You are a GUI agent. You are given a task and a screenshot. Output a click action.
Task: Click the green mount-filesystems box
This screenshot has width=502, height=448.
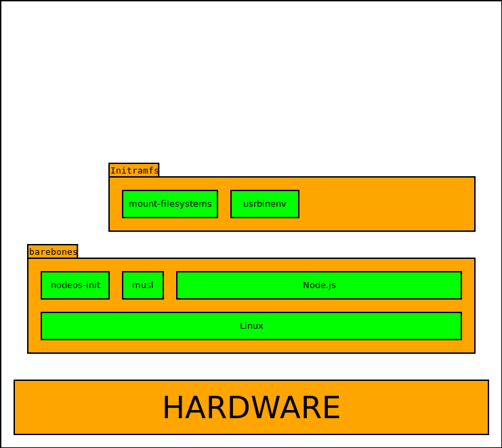[x=169, y=204]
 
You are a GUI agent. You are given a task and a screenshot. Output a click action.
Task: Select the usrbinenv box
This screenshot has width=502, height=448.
[x=264, y=204]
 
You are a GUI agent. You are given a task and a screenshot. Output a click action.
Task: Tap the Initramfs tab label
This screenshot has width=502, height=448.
[x=134, y=170]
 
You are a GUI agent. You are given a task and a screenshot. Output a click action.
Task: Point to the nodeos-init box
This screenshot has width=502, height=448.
[x=75, y=285]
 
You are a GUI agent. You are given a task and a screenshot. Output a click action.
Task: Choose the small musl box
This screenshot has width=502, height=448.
[x=142, y=285]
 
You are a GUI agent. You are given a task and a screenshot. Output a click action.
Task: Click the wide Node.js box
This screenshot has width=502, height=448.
[x=318, y=285]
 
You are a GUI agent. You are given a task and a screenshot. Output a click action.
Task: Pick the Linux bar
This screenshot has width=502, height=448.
[x=251, y=326]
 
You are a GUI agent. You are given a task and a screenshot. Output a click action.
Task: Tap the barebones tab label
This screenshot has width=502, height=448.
[x=53, y=251]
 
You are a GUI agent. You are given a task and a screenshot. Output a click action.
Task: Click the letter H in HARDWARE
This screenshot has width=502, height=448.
[x=173, y=408]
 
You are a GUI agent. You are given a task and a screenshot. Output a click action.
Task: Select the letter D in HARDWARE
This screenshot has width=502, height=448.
[x=239, y=408]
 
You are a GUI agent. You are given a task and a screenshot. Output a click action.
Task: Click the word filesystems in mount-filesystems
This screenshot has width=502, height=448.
[x=186, y=204]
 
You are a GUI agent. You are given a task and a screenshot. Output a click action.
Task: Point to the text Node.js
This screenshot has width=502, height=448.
[x=319, y=285]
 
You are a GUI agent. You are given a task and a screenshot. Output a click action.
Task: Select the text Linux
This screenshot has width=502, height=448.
[x=251, y=326]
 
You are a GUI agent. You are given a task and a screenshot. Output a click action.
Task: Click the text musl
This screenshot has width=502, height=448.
[x=143, y=285]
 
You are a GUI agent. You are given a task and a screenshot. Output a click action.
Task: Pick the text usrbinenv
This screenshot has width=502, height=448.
[x=265, y=204]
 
